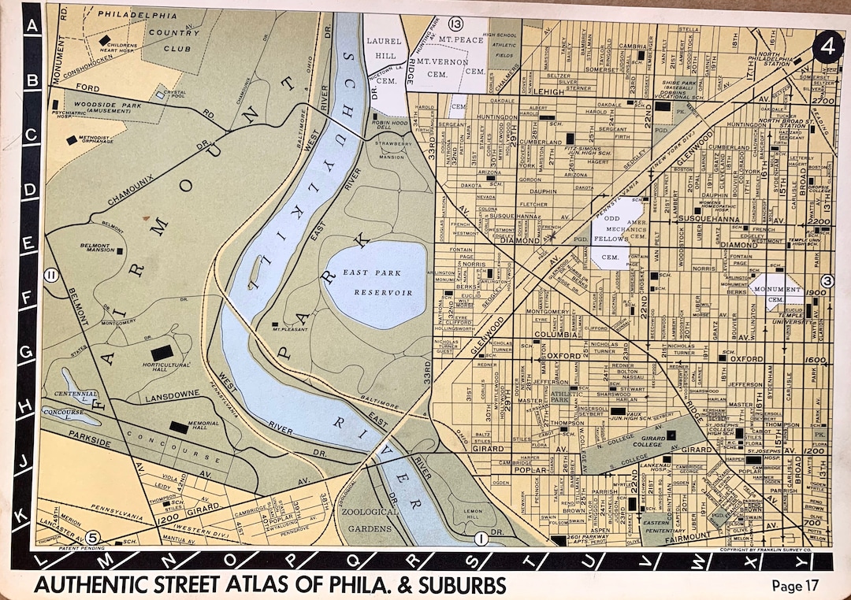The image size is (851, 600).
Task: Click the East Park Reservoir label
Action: click(x=377, y=282)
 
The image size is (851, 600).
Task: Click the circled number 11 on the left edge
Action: click(x=51, y=275)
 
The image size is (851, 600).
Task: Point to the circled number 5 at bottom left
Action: click(x=93, y=537)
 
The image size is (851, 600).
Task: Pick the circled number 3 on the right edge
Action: click(x=827, y=280)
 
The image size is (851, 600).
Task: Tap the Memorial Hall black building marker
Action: click(x=179, y=426)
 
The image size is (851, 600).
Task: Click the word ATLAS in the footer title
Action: click(x=263, y=586)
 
